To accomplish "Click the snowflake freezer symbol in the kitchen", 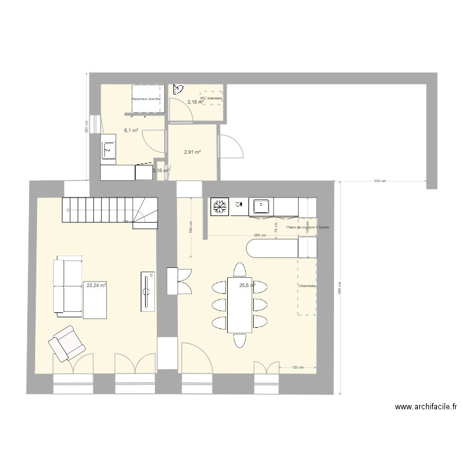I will pos(219,207).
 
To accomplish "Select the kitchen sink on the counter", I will pos(261,207).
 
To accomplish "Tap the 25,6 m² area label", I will pos(248,285).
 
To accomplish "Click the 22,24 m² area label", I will pos(96,285).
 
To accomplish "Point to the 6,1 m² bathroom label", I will pos(131,130).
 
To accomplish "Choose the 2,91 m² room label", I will pos(193,151).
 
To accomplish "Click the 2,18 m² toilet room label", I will pos(196,102).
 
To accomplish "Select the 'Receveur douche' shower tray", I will pos(147,99).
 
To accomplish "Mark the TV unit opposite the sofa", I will pos(147,291).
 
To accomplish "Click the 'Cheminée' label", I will pos(307,286).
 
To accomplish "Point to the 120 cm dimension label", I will pos(297,368).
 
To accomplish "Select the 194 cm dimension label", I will pos(191,228).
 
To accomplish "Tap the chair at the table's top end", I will pos(240,270).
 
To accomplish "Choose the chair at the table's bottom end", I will pos(240,340).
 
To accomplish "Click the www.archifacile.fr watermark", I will pos(425,407).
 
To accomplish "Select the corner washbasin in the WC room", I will pos(178,89).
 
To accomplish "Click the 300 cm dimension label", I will pos(380,181).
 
